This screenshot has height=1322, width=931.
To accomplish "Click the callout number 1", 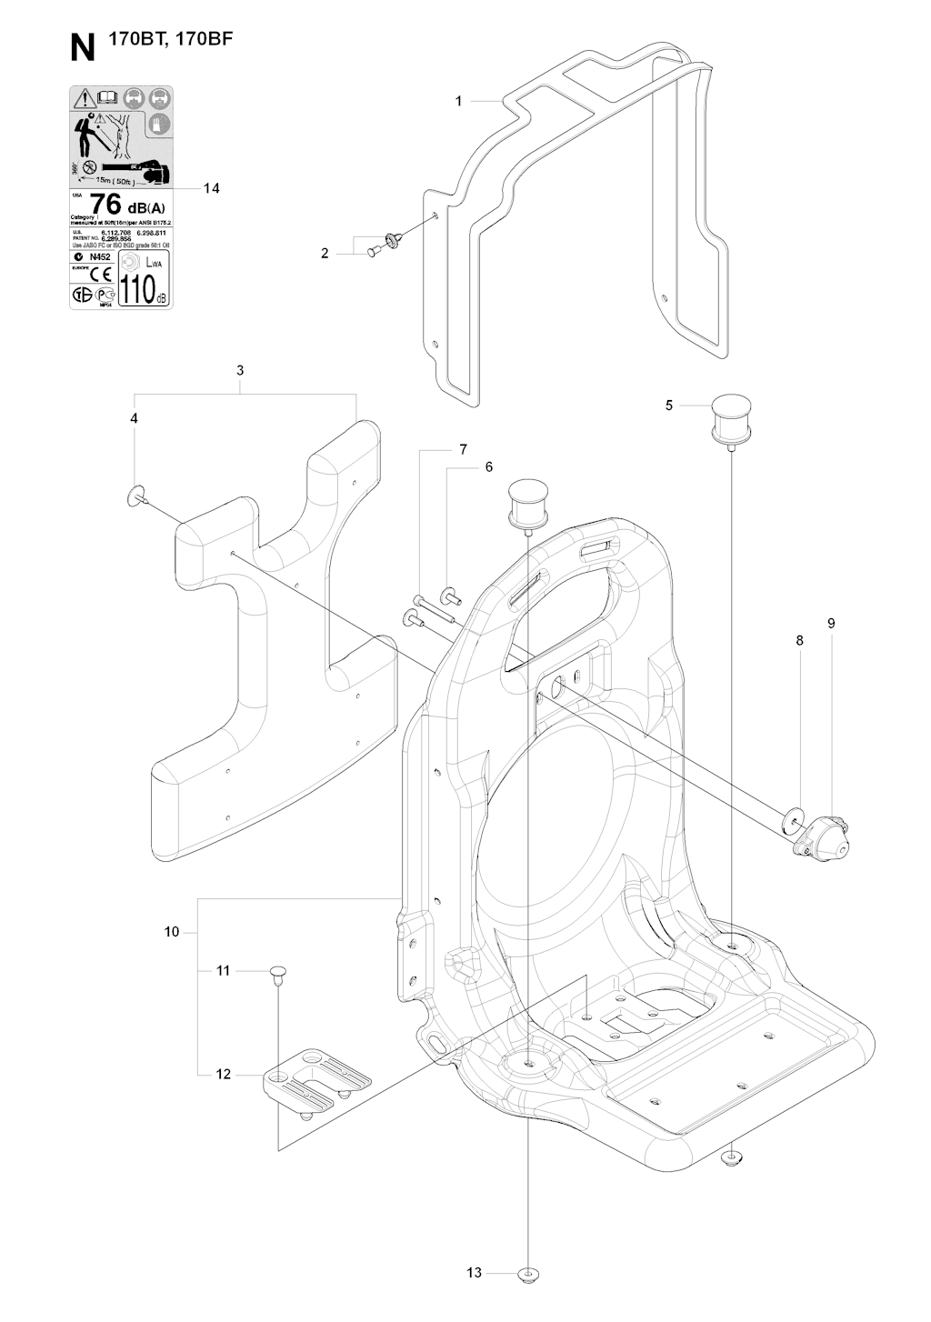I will (x=459, y=101).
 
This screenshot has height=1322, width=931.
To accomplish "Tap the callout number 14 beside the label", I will (x=212, y=188).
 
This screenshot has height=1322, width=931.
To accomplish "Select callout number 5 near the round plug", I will (x=669, y=405).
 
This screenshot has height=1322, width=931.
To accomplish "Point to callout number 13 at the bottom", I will (x=474, y=1272).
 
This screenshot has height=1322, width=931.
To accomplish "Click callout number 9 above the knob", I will (x=831, y=623).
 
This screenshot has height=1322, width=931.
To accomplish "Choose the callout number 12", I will (x=223, y=1074).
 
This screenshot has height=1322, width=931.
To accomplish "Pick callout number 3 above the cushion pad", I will (x=240, y=370).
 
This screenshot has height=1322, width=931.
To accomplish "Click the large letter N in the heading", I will (x=83, y=48).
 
